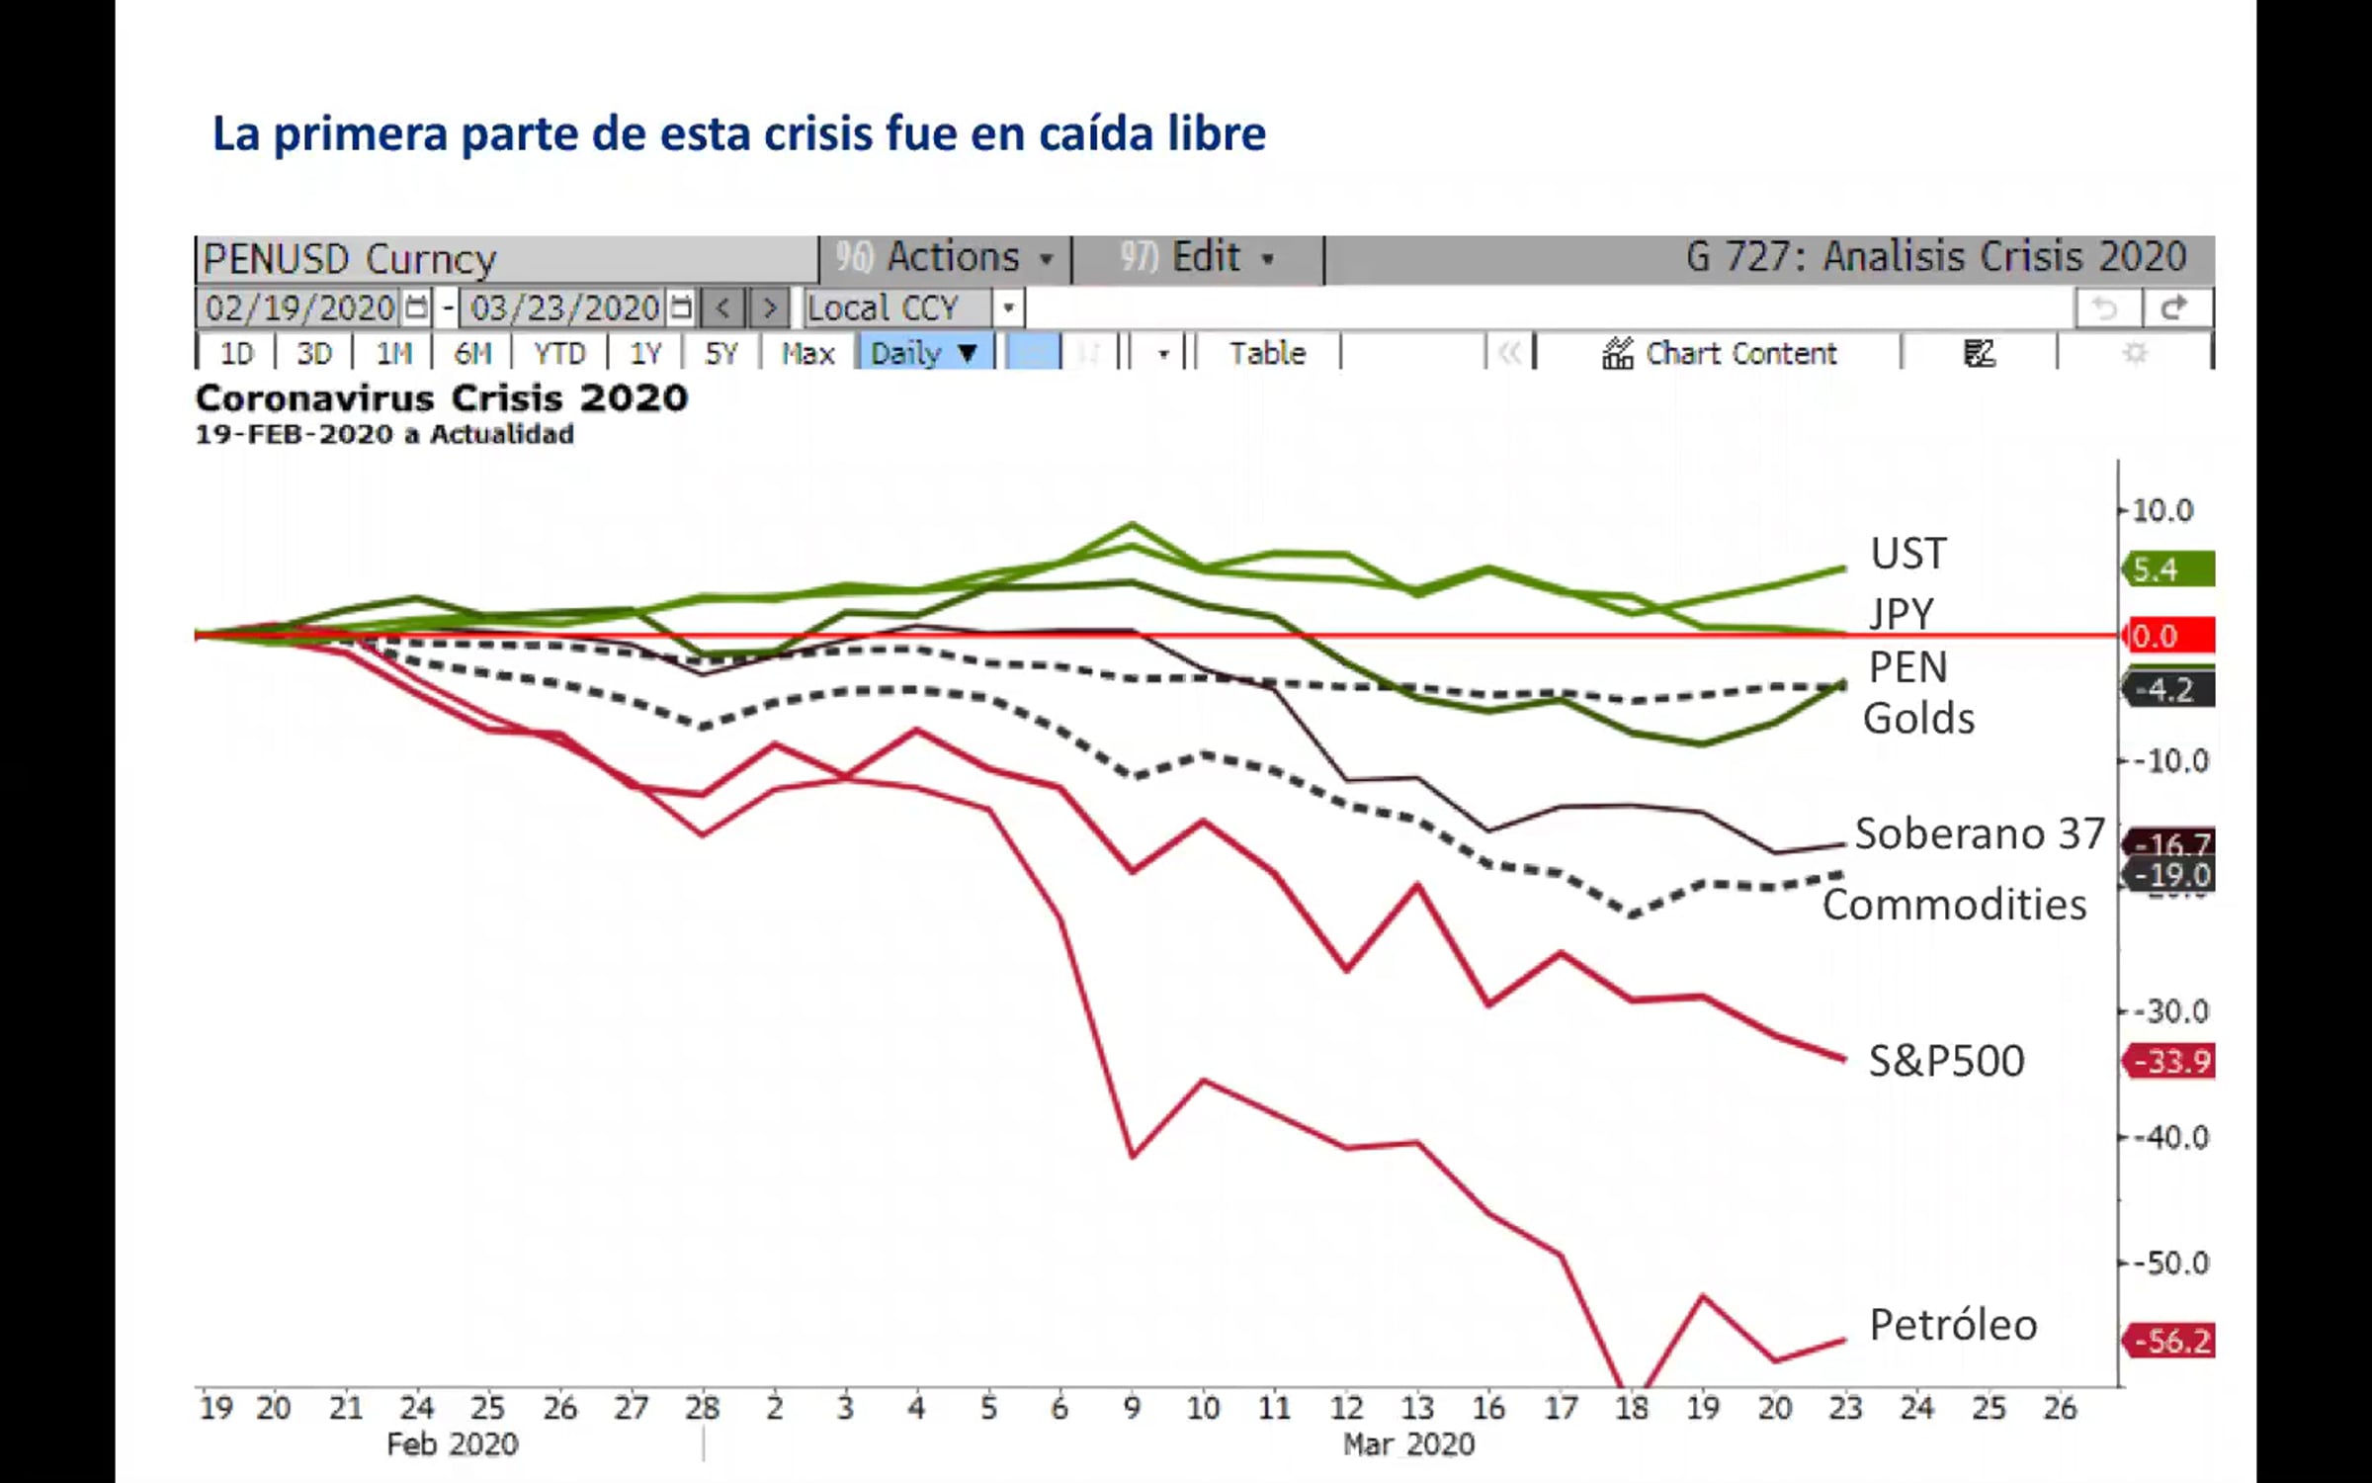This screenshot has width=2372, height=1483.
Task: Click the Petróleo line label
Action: point(1953,1325)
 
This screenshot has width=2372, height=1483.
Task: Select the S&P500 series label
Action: point(1946,1061)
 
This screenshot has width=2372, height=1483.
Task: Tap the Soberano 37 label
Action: point(1980,833)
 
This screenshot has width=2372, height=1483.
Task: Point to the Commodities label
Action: point(1954,905)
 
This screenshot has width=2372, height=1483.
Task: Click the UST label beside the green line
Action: point(1908,554)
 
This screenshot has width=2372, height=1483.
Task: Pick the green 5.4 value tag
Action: point(2169,569)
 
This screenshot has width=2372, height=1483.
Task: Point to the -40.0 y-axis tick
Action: point(2170,1138)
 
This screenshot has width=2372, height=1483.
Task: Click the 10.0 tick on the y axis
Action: point(2162,510)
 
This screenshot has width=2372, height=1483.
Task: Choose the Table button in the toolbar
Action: point(1267,353)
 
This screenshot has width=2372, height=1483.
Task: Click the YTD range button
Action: point(559,353)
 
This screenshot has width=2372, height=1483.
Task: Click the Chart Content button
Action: point(1720,353)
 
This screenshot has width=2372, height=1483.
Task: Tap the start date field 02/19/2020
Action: point(300,308)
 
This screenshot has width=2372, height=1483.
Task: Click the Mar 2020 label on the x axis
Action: point(1408,1444)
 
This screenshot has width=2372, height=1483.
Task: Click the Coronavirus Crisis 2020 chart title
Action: point(442,397)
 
